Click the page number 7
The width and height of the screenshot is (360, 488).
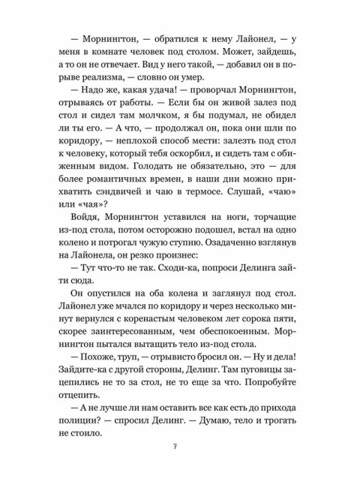pos(174,447)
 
